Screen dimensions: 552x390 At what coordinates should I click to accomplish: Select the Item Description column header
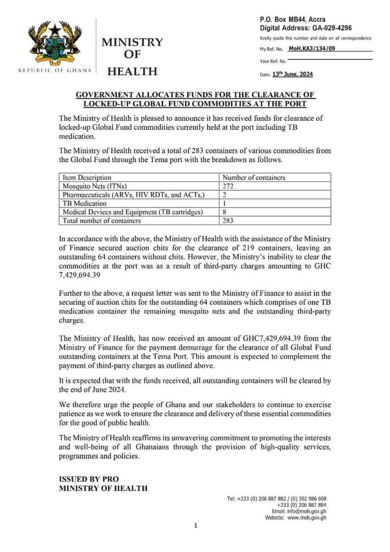(87, 177)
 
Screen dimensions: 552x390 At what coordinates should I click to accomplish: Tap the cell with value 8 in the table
(225, 212)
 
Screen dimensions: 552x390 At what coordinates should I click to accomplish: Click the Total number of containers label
(102, 220)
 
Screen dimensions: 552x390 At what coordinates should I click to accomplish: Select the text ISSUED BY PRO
(88, 479)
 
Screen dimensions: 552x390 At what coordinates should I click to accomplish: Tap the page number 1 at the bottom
(196, 525)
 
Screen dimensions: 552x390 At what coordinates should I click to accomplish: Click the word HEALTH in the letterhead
(133, 71)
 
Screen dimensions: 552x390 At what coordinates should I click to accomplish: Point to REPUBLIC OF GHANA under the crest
(53, 70)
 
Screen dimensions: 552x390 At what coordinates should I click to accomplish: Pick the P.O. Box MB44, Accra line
(292, 20)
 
